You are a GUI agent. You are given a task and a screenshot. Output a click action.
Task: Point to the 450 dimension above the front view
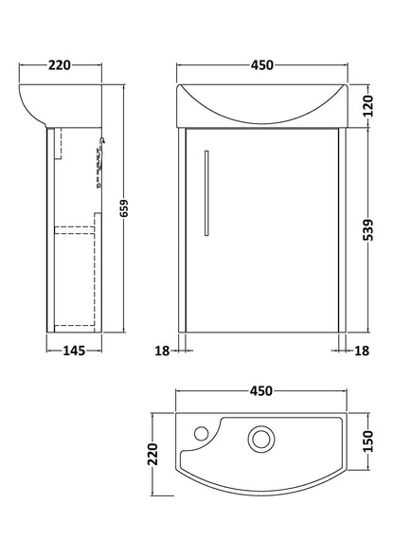(x=262, y=65)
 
